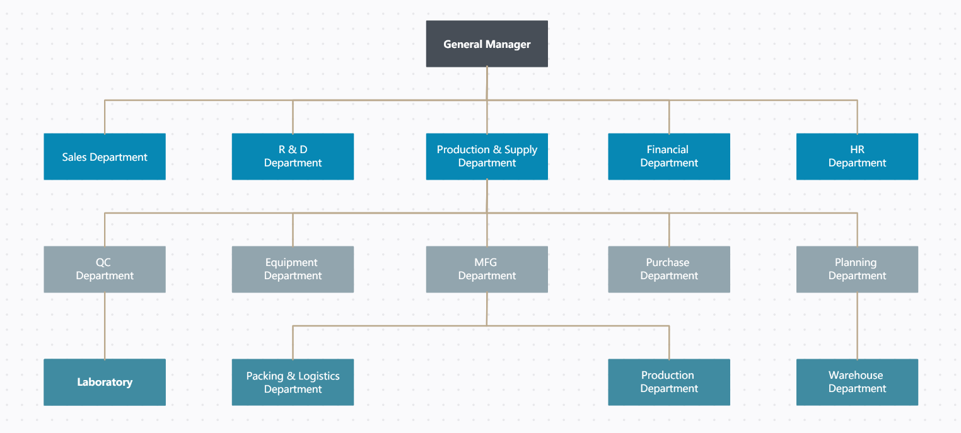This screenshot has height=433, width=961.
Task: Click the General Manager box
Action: point(487,44)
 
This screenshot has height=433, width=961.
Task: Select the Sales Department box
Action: point(105,157)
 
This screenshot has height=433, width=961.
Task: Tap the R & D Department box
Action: point(293,156)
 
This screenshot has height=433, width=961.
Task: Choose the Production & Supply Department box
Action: point(487,156)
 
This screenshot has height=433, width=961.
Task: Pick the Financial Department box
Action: point(669,156)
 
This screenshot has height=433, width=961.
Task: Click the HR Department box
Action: point(857,156)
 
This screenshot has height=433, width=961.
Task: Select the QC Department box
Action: point(105,269)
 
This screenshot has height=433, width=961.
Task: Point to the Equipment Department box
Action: point(293,269)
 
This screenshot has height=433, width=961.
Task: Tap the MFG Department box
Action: point(487,269)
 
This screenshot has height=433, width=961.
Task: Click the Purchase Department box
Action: point(669,269)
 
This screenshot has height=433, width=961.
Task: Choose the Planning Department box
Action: point(857,269)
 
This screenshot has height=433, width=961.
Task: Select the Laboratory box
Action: point(105,382)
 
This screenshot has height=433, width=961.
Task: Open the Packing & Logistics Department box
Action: point(293,382)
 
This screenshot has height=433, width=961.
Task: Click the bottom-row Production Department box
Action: point(669,382)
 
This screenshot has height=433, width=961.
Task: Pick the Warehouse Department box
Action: point(857,382)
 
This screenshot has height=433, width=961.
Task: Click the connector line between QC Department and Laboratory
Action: point(105,326)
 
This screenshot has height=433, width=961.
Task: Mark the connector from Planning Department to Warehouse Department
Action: point(857,326)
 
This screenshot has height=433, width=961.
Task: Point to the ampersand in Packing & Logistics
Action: point(291,376)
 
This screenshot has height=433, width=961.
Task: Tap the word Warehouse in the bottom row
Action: point(856,376)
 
